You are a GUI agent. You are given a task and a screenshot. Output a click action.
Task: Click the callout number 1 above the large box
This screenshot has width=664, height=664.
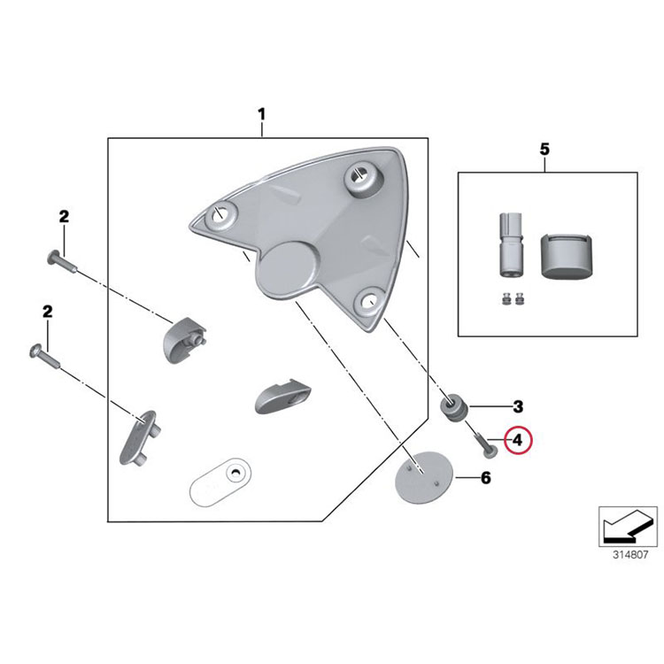[x=262, y=114]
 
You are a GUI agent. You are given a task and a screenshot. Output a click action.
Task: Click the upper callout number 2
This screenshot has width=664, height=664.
[x=64, y=217]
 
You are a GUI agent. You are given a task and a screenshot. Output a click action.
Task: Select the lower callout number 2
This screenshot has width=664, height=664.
[x=48, y=312]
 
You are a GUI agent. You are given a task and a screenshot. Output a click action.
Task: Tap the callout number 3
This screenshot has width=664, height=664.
[x=518, y=406]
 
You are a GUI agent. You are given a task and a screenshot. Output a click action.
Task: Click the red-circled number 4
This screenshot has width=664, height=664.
[x=518, y=440]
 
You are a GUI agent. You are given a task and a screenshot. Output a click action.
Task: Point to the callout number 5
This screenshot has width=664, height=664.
[x=544, y=149]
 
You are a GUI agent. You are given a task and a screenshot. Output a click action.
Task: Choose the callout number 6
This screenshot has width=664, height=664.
[x=485, y=478]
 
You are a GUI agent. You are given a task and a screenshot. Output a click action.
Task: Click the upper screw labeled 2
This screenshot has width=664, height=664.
[x=62, y=261]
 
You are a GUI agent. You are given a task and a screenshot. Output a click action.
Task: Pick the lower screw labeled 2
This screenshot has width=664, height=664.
[x=45, y=356]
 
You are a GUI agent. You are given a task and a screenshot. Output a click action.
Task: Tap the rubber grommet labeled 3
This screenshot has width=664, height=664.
[x=453, y=405]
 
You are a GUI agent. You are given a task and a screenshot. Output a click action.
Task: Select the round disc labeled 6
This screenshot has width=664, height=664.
[x=423, y=477]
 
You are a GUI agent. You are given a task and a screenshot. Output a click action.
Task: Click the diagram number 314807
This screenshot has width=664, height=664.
[x=630, y=555]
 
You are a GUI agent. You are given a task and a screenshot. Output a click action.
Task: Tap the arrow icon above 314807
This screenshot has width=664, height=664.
[x=628, y=527]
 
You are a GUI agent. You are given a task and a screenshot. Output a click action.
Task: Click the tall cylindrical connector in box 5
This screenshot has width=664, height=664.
[x=511, y=244]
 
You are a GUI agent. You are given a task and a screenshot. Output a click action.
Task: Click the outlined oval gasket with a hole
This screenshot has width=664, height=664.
[x=220, y=482]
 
